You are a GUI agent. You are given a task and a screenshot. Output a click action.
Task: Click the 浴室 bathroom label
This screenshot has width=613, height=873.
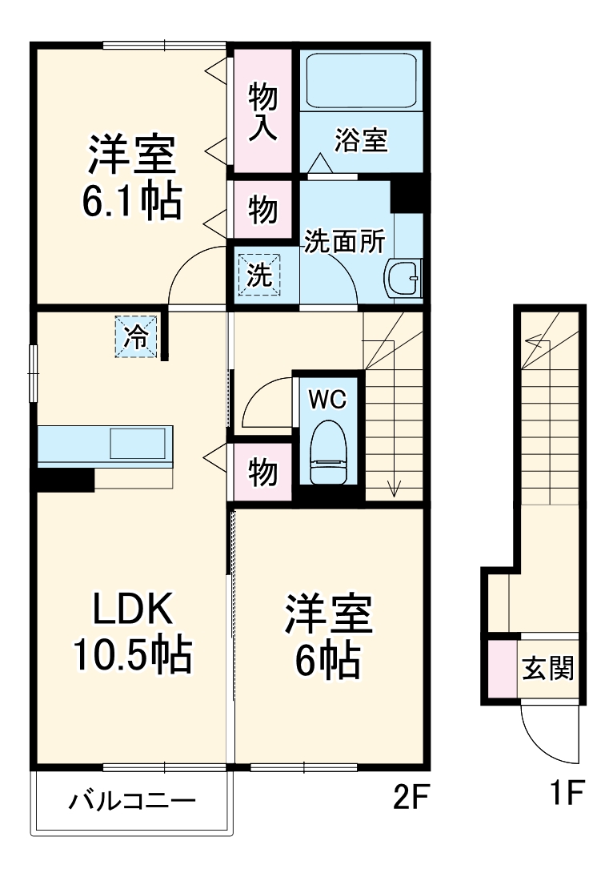pyautogui.click(x=361, y=141)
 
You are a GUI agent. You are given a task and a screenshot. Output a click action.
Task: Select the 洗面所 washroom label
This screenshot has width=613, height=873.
pyautogui.click(x=346, y=241)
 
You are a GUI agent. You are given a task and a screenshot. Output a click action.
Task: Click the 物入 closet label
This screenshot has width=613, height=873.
pyautogui.click(x=262, y=112)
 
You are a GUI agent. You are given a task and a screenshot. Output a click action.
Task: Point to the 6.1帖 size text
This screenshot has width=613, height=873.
pyautogui.click(x=131, y=201)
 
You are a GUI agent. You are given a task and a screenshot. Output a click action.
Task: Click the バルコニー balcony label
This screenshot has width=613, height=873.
pyautogui.click(x=131, y=801)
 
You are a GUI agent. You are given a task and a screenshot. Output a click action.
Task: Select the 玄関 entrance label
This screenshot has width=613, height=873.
pyautogui.click(x=548, y=666)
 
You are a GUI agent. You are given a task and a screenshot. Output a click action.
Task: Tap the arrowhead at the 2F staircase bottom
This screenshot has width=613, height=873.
pyautogui.click(x=395, y=488)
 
